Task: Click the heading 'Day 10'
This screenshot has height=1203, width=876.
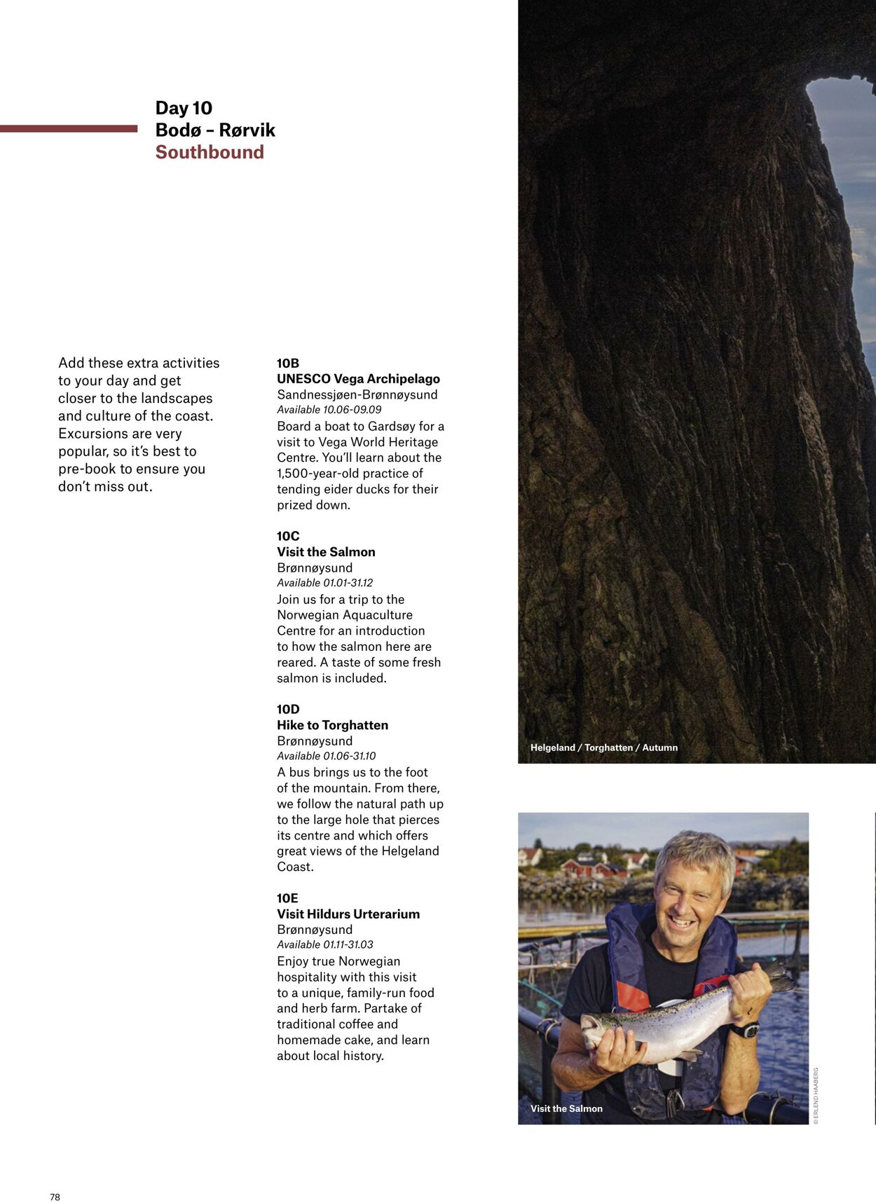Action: point(184,108)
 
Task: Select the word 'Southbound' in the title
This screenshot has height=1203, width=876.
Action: point(210,152)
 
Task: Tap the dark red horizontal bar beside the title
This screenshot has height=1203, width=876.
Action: point(69,129)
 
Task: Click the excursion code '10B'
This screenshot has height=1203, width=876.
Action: point(288,363)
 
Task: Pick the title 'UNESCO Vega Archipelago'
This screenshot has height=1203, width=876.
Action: point(358,379)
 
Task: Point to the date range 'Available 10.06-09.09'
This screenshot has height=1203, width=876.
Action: point(329,410)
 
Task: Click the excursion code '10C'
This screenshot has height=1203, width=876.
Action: point(288,536)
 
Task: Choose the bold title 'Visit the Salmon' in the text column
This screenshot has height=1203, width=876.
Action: point(326,552)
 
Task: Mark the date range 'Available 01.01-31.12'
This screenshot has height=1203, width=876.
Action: point(324,583)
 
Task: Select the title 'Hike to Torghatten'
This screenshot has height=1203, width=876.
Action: point(332,725)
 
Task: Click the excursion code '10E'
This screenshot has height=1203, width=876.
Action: point(287,898)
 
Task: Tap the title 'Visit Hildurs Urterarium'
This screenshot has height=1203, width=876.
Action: point(348,914)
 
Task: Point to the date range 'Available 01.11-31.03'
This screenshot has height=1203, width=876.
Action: point(324,945)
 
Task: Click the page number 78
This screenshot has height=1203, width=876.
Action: point(55,1197)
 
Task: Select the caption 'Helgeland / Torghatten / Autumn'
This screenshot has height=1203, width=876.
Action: point(604,748)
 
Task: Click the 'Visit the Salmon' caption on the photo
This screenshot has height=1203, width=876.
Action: point(566,1108)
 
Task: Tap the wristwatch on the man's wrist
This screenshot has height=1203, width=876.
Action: point(744,1030)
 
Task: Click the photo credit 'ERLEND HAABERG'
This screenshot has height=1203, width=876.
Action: point(816,1096)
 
